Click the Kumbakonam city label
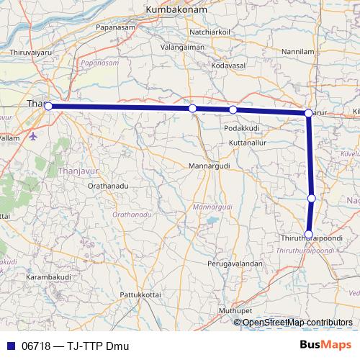point(176,10)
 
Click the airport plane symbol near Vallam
point(34,136)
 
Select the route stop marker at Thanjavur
point(48,106)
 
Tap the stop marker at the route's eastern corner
point(308,113)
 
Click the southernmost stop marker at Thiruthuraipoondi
point(309,234)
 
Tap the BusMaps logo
point(326,346)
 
